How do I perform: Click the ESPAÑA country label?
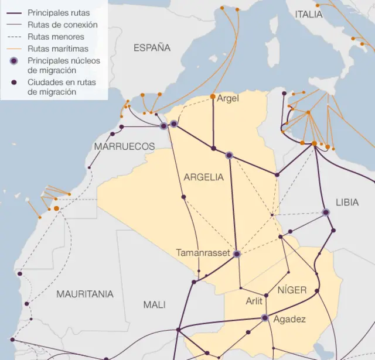152,48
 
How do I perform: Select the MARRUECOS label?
124,146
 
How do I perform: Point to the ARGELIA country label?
203,177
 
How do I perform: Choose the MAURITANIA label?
85,294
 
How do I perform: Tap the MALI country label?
154,304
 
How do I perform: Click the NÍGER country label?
292,290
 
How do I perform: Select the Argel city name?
228,98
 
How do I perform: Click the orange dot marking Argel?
213,97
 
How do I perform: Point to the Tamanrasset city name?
203,253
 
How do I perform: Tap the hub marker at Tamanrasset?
237,254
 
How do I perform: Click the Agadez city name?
289,319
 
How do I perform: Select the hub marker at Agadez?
264,318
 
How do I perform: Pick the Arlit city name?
254,302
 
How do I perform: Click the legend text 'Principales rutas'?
59,12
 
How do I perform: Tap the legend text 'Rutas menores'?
56,36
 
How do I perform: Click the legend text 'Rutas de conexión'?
63,25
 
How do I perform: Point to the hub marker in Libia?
326,212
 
